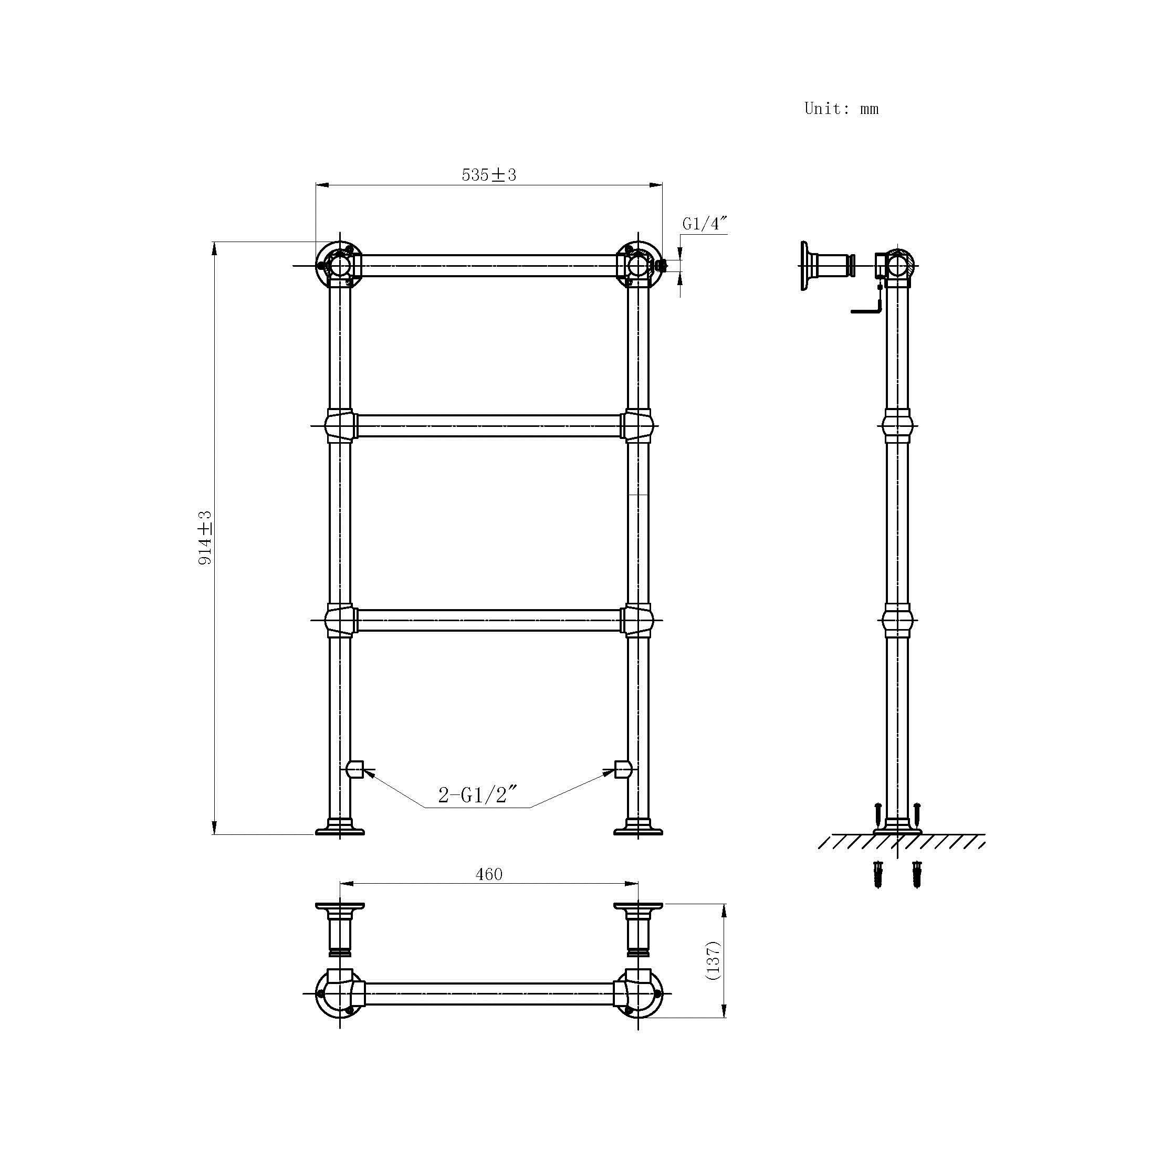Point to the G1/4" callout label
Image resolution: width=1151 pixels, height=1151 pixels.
point(704,224)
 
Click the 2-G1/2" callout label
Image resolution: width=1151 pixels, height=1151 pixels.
point(477,795)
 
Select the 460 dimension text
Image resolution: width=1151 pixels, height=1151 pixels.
point(488,874)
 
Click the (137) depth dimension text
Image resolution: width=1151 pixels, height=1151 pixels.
point(713,960)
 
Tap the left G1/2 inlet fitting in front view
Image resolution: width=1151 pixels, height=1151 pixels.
point(355,769)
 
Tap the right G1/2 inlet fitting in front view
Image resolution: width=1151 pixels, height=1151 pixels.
point(623,769)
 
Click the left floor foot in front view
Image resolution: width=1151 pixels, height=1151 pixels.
point(340,828)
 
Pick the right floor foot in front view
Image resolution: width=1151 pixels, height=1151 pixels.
point(638,828)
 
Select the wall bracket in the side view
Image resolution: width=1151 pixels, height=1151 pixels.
point(825,265)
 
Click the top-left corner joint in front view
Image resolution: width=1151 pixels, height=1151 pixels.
point(340,265)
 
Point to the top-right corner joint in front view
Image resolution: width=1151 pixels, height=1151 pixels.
point(638,265)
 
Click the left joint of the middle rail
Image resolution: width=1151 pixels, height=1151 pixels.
point(340,426)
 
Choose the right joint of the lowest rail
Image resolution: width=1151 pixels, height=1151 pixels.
point(638,620)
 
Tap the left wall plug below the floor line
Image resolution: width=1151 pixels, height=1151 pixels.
point(877,873)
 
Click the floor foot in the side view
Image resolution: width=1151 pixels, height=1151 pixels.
point(897,828)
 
